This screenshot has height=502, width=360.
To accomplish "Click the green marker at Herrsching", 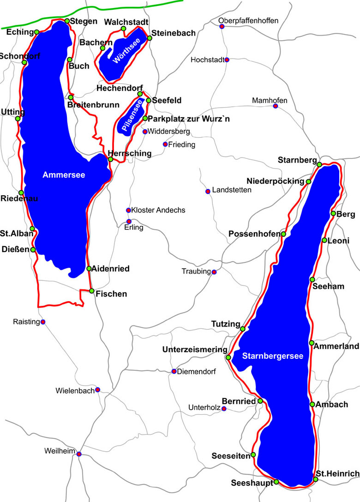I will (x=110, y=159).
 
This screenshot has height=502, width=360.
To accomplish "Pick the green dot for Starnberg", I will (x=319, y=164).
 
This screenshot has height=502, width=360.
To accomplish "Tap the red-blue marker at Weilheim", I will (x=79, y=454).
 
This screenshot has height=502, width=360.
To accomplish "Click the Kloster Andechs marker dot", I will (x=128, y=210).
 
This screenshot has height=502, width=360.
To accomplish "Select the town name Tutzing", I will (x=226, y=323).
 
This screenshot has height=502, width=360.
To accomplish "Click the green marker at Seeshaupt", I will (x=276, y=482).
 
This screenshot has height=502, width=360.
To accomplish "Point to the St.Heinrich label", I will (x=337, y=473).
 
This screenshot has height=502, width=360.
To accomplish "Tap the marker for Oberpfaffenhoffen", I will (x=222, y=26).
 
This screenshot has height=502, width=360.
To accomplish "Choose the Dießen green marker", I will (x=33, y=249).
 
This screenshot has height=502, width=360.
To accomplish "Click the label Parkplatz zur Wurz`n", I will (x=190, y=119).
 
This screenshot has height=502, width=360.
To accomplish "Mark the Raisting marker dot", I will (x=43, y=321).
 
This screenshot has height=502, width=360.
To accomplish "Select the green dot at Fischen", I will (x=92, y=291).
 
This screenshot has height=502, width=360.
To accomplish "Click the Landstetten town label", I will (x=232, y=190).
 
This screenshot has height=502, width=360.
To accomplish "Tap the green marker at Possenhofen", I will (x=283, y=234).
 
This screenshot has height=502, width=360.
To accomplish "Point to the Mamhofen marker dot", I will (x=276, y=106).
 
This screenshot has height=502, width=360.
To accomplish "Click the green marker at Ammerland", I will (x=312, y=343).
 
